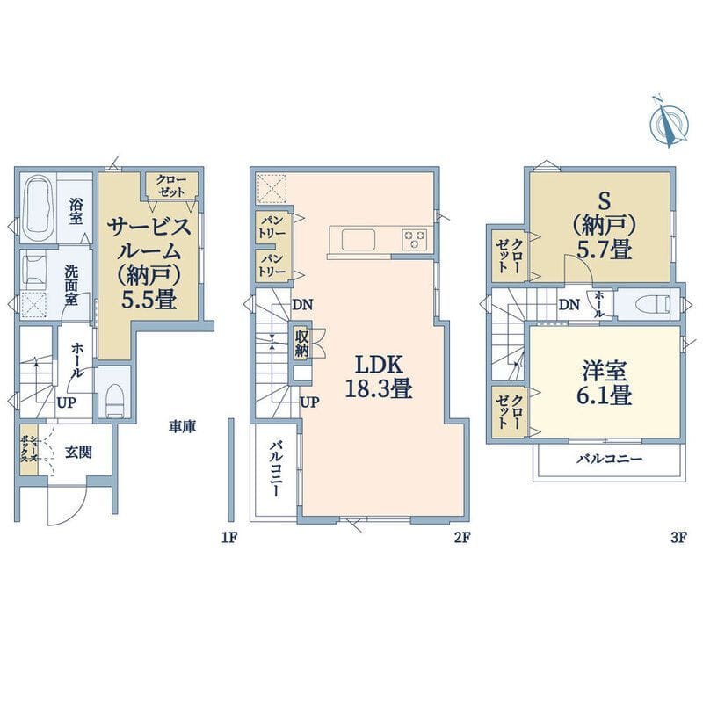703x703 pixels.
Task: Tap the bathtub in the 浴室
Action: pos(39,208)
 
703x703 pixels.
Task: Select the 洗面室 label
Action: pos(72,285)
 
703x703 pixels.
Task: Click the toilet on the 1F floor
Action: pos(115,400)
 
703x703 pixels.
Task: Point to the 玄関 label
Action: pos(78,453)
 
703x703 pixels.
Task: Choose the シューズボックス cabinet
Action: pos(29,450)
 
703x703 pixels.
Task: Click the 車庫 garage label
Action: pos(183,427)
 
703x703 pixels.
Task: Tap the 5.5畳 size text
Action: pos(149,300)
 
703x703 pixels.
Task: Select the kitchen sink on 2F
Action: pos(359,240)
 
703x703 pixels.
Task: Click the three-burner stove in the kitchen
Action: pos(414,238)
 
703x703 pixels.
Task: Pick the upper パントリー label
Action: pos(272,228)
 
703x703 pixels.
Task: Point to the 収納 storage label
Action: pos(301,344)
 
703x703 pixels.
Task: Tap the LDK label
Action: pos(379,365)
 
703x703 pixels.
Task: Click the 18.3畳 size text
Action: pos(379,388)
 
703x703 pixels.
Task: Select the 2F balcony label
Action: pos(276,468)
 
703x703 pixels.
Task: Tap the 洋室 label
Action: pos(604,371)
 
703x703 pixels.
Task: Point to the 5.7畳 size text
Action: pos(604,249)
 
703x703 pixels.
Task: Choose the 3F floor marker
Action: pos(678,537)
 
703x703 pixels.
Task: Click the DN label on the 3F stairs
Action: pos(569,305)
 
